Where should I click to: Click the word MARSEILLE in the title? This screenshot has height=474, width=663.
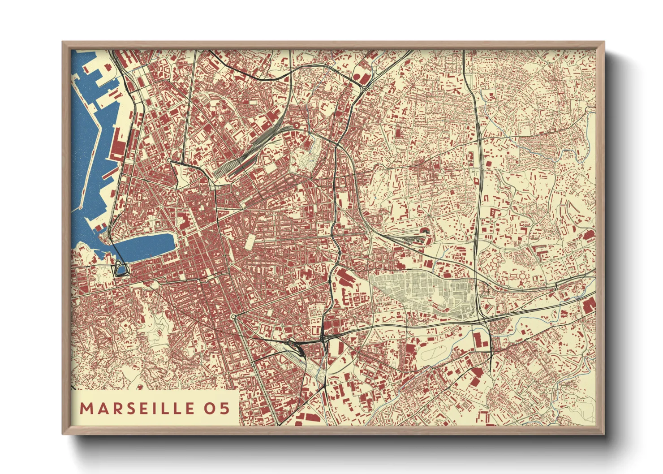point(137,408)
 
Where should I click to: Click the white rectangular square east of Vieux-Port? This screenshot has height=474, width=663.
point(250,242)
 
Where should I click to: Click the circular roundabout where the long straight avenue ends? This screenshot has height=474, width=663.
point(234,317)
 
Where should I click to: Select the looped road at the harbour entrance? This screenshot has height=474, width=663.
point(121,269)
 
